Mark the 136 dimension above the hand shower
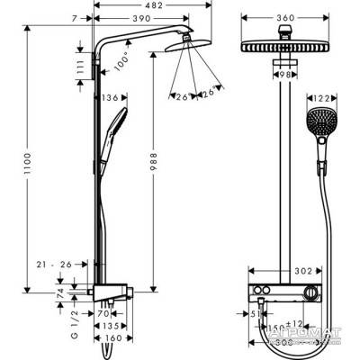112,98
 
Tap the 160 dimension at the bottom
113,339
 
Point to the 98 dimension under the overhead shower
287,75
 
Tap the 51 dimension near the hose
255,314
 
